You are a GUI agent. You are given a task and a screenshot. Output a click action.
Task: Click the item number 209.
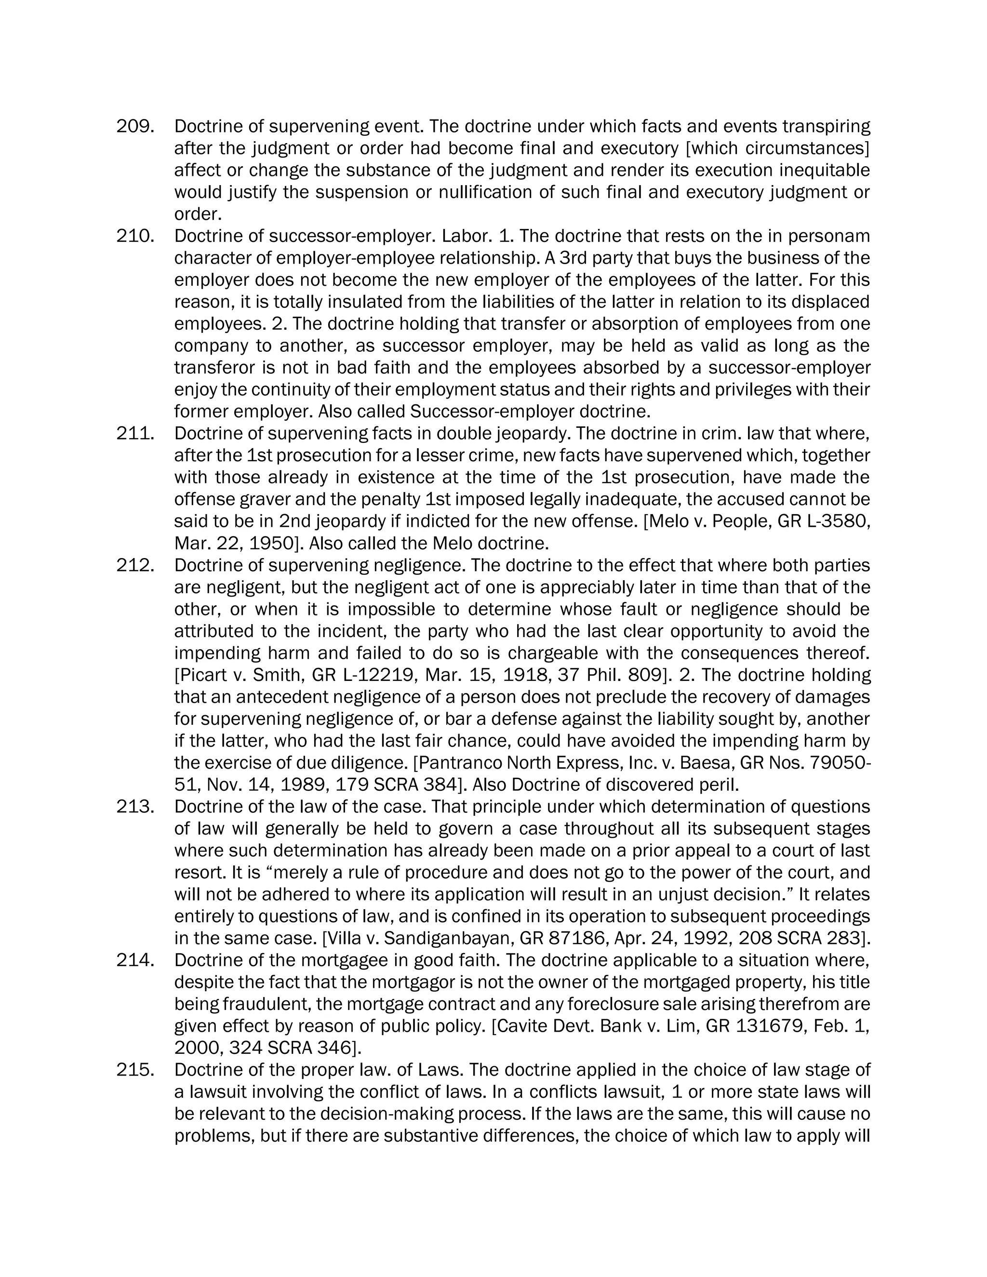tap(135, 126)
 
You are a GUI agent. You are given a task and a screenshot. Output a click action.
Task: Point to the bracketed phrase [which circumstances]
tap(777, 148)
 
